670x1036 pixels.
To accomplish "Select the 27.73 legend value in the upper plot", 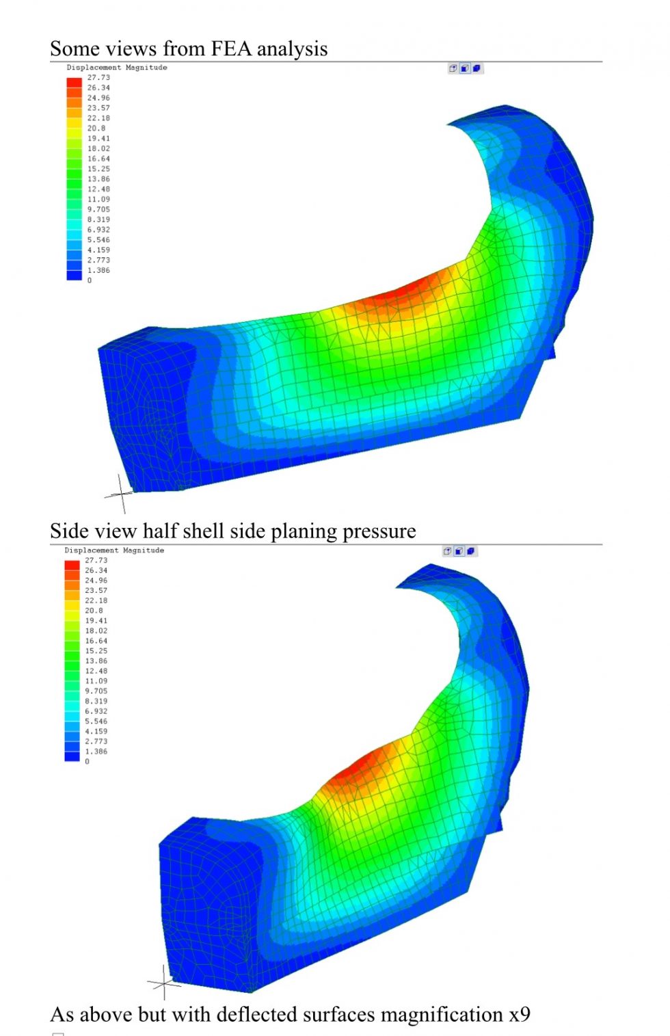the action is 98,78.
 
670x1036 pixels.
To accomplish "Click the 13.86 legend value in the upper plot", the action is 98,179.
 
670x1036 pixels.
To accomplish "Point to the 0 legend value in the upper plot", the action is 90,280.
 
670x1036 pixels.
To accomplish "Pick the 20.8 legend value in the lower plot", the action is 94,611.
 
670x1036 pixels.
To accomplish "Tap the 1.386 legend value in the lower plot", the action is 96,752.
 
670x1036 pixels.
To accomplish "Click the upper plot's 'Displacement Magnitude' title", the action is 117,68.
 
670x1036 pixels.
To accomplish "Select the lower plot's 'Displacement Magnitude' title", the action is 114,550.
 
